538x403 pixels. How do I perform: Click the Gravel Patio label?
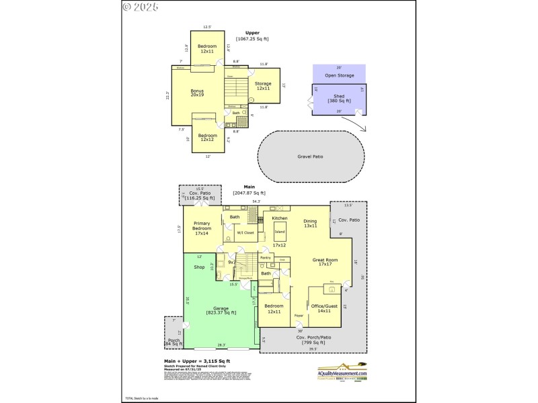[x=310, y=156]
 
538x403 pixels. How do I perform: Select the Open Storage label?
[x=339, y=75]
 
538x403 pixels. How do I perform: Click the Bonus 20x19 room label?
[x=197, y=93]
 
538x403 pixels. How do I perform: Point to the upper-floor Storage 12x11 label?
[x=262, y=86]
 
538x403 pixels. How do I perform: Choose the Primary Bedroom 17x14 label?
[x=202, y=228]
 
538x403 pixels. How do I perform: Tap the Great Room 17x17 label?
[x=328, y=262]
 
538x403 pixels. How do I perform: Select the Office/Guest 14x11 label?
[x=328, y=308]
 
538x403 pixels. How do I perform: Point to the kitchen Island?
[x=279, y=232]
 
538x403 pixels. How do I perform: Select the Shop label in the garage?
[x=199, y=267]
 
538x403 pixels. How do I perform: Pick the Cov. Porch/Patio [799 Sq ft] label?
[x=311, y=340]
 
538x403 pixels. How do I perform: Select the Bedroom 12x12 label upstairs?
[x=207, y=138]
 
